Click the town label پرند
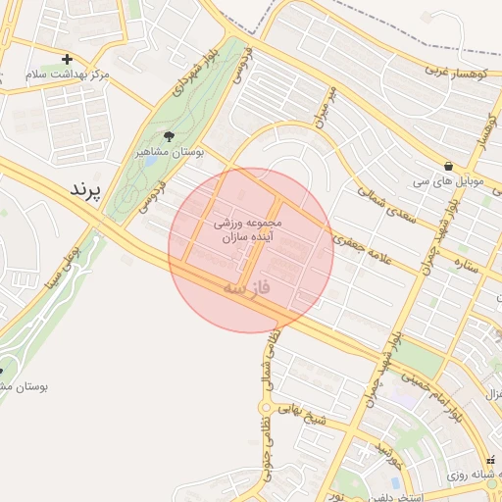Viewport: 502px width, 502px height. point(84,189)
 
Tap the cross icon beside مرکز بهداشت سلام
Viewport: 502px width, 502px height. point(67,60)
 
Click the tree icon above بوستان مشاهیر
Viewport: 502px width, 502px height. point(168,137)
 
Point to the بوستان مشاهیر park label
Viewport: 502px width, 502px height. point(168,153)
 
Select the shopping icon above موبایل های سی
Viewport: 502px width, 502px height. point(448,167)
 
